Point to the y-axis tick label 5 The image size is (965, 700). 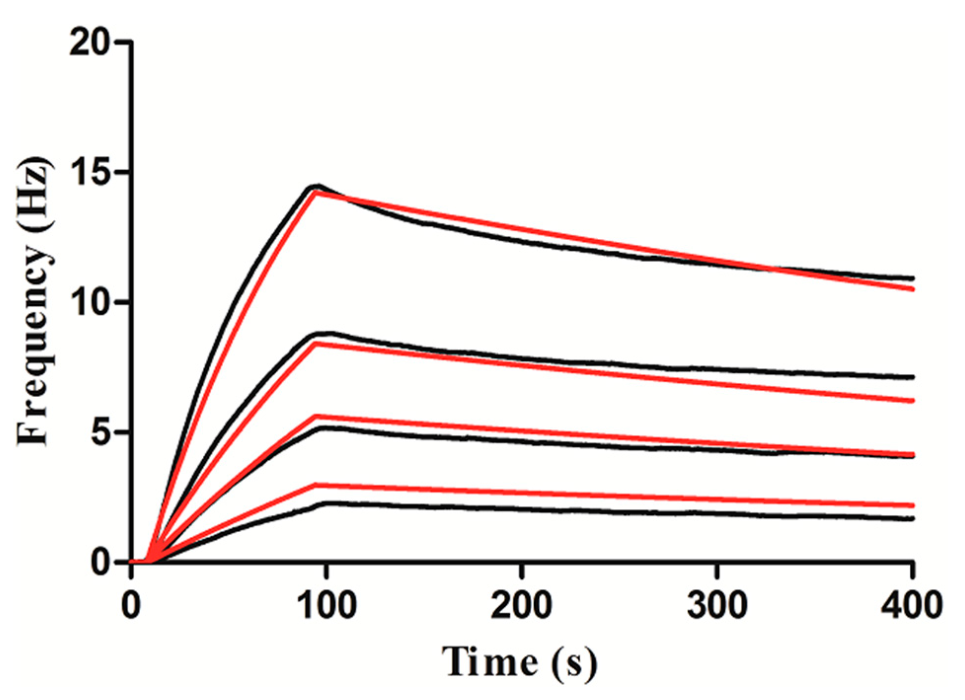click(101, 433)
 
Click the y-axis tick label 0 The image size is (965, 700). click(101, 563)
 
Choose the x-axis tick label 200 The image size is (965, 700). click(522, 605)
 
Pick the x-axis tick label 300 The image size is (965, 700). click(717, 605)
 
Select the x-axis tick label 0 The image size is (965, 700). click(131, 605)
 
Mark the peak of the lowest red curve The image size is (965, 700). click(316, 485)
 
